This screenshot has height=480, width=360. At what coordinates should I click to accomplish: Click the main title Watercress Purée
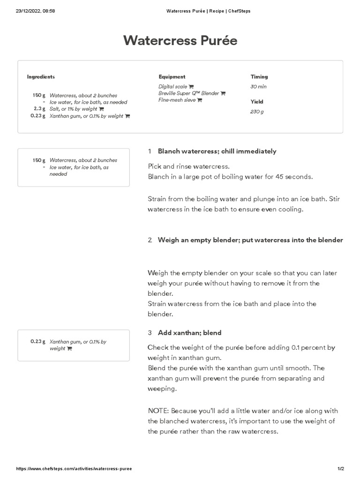pos(180,41)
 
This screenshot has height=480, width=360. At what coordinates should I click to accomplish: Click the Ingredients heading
pos(41,77)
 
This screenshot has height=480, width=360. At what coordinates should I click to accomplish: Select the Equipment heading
pos(172,77)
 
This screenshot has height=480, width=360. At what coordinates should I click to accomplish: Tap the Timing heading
pos(259,77)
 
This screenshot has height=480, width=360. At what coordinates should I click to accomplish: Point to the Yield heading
pos(257,102)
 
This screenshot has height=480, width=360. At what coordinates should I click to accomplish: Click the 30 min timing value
pos(259,87)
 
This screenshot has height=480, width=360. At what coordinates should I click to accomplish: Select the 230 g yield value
pos(257,112)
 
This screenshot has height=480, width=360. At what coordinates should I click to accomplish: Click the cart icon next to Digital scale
pos(191,87)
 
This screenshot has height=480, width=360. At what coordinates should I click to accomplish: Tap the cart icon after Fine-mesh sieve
pos(200,100)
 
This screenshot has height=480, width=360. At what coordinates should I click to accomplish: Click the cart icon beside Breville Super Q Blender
pos(223,93)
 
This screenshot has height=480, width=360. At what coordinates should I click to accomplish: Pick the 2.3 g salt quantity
pos(39,109)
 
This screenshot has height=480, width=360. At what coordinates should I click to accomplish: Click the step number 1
pos(150,151)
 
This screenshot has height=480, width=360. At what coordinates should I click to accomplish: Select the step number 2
pos(150,240)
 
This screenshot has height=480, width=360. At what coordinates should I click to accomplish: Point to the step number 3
pos(150,333)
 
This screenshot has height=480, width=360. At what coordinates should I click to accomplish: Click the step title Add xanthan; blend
pos(189,333)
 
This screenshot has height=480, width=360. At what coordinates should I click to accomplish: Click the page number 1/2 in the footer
pos(341,469)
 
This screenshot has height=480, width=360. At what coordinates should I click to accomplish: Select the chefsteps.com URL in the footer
pos(74,469)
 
